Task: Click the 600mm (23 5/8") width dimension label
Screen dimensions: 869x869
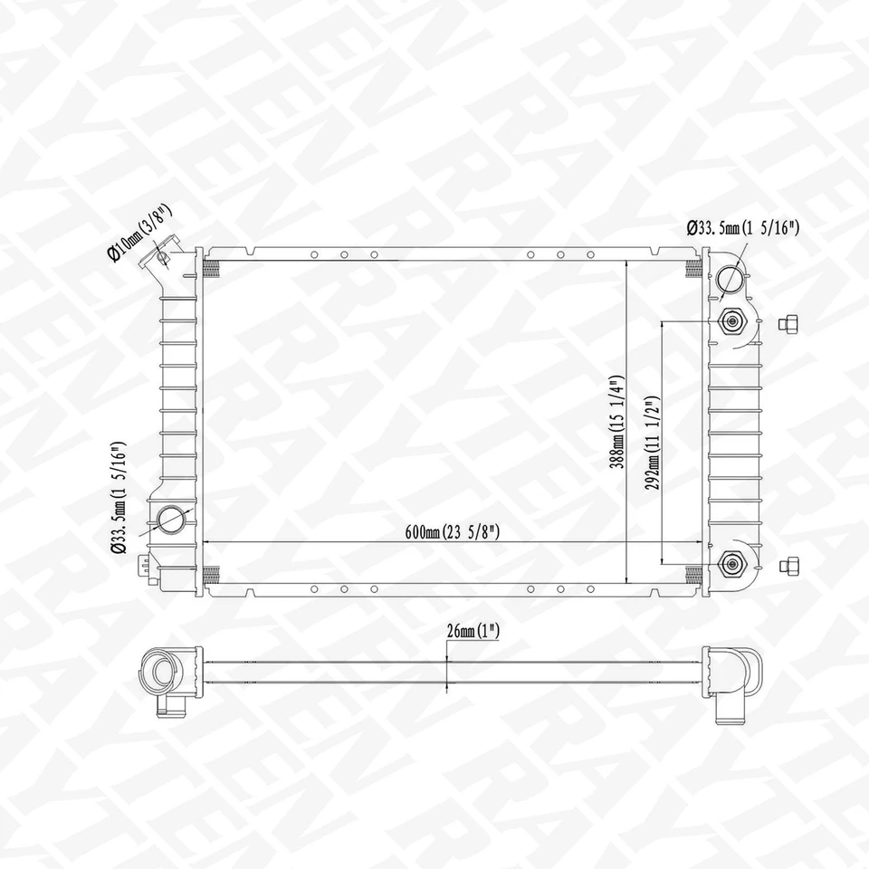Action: (x=454, y=531)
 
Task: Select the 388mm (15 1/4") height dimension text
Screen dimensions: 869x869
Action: (x=616, y=422)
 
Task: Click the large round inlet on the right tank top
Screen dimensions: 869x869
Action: (x=731, y=279)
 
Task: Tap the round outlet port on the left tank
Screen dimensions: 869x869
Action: (x=171, y=520)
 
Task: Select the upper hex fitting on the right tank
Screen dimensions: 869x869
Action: (x=731, y=320)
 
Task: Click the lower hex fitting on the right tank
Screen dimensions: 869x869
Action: (x=731, y=565)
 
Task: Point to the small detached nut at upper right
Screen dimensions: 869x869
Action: (x=790, y=323)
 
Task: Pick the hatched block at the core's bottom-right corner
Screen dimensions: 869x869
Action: (x=694, y=573)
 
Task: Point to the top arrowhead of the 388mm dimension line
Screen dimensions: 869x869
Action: (x=627, y=264)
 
